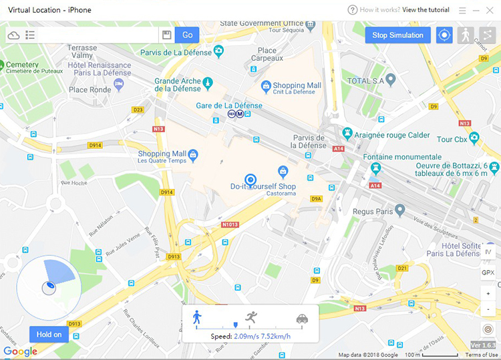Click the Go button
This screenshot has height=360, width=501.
click(x=188, y=35)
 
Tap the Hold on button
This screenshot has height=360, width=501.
click(x=49, y=335)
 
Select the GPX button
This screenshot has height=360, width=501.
click(x=488, y=273)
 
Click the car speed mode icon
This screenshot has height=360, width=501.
click(x=302, y=319)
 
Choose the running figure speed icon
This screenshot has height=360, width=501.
click(x=251, y=317)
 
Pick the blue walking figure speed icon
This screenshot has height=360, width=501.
click(x=196, y=317)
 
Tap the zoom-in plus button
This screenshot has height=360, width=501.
click(x=488, y=294)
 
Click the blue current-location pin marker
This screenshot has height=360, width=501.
click(x=251, y=180)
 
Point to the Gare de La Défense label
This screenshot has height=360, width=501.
click(x=229, y=106)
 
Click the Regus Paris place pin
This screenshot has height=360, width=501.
click(x=400, y=210)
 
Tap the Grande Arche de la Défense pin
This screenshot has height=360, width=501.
click(x=208, y=83)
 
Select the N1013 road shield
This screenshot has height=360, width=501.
click(x=229, y=225)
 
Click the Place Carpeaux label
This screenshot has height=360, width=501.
click(x=267, y=54)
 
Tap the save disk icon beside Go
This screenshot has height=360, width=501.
click(x=167, y=35)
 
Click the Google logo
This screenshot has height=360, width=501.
click(x=20, y=351)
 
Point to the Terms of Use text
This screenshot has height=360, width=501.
click(x=482, y=355)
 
